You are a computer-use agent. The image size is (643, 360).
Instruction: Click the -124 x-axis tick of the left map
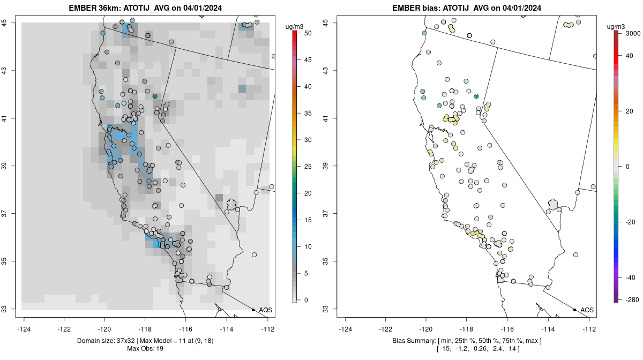click(24, 329)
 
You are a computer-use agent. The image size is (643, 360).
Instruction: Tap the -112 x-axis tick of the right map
click(589, 329)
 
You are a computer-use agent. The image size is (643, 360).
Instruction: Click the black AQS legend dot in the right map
click(574, 310)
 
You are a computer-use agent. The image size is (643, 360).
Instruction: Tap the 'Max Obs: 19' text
click(146, 349)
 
